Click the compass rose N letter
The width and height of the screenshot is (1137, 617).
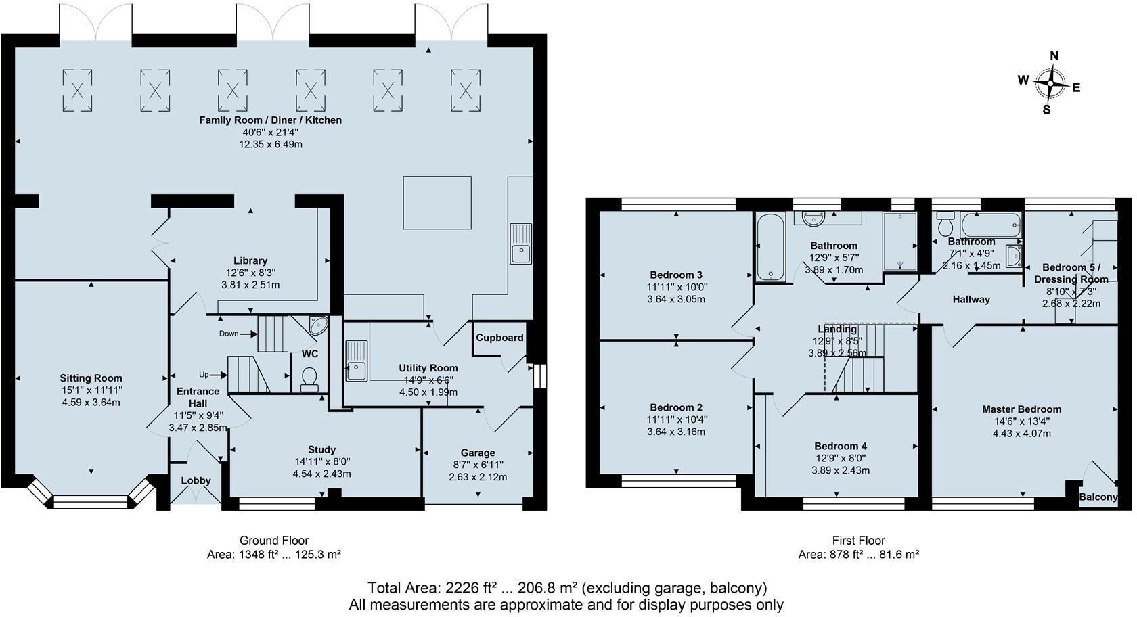pos(1054,56)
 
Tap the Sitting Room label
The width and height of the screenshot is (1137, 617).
pos(91,378)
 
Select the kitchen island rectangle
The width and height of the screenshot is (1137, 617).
pos(437,202)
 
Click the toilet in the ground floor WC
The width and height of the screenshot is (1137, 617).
pos(309,379)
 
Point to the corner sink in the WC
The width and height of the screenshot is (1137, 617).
pos(317,325)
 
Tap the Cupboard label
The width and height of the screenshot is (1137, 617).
pos(499,338)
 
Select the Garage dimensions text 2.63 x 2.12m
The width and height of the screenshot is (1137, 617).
pos(478,477)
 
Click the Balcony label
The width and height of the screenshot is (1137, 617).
pos(1098,497)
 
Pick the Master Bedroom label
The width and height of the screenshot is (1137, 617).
pos(1021,409)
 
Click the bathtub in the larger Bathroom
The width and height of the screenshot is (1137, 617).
pos(770,247)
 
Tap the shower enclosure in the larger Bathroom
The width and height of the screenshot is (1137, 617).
pos(899,242)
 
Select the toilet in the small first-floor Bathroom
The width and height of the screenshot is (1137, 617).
pos(945,223)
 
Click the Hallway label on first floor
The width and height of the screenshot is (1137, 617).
pos(971,299)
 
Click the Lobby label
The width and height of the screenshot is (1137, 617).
pos(196,480)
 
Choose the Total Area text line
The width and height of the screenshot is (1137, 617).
pos(566,587)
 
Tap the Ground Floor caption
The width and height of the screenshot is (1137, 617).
pos(273,540)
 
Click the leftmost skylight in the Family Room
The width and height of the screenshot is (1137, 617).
pos(77,90)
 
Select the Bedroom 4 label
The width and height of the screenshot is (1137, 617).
pos(840,446)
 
